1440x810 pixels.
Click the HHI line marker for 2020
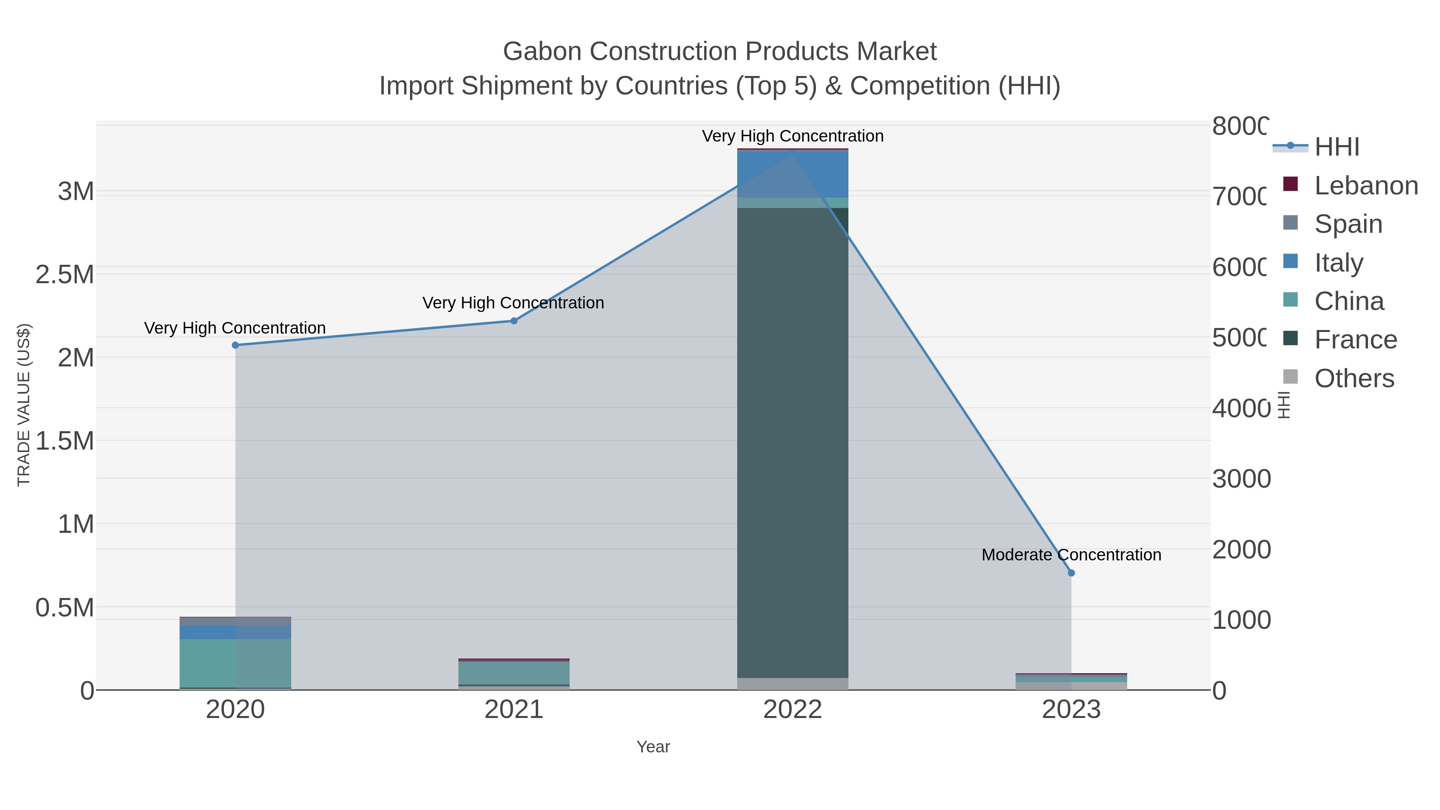pos(235,346)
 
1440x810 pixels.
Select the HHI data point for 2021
pos(514,321)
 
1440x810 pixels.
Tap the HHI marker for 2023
pos(1071,573)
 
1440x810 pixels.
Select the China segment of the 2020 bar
pos(235,663)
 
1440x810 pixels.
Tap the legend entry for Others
pos(1354,378)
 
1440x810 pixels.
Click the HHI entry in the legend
pos(1336,147)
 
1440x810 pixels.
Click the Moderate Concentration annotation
pos(1071,555)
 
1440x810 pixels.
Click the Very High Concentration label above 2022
pos(793,136)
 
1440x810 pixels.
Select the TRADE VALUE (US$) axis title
pos(24,405)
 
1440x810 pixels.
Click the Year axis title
pos(653,747)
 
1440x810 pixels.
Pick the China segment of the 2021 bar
pos(514,672)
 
